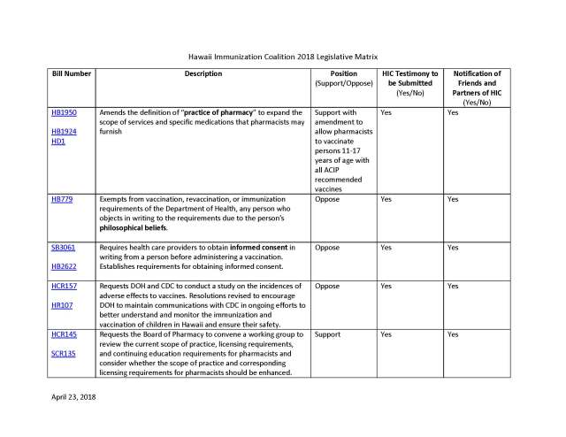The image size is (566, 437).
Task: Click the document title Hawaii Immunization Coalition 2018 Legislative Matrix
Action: click(x=283, y=54)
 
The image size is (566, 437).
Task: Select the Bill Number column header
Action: click(x=70, y=73)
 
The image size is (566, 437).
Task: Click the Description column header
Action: click(x=203, y=73)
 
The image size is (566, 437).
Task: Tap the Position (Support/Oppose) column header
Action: click(x=343, y=78)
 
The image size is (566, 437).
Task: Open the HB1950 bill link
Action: click(x=65, y=114)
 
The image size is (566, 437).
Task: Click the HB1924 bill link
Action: click(x=65, y=132)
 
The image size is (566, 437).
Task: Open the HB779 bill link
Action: click(x=62, y=200)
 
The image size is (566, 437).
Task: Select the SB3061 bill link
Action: click(x=64, y=248)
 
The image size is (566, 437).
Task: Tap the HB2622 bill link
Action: click(x=65, y=265)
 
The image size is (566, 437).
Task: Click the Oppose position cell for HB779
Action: click(x=327, y=200)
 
